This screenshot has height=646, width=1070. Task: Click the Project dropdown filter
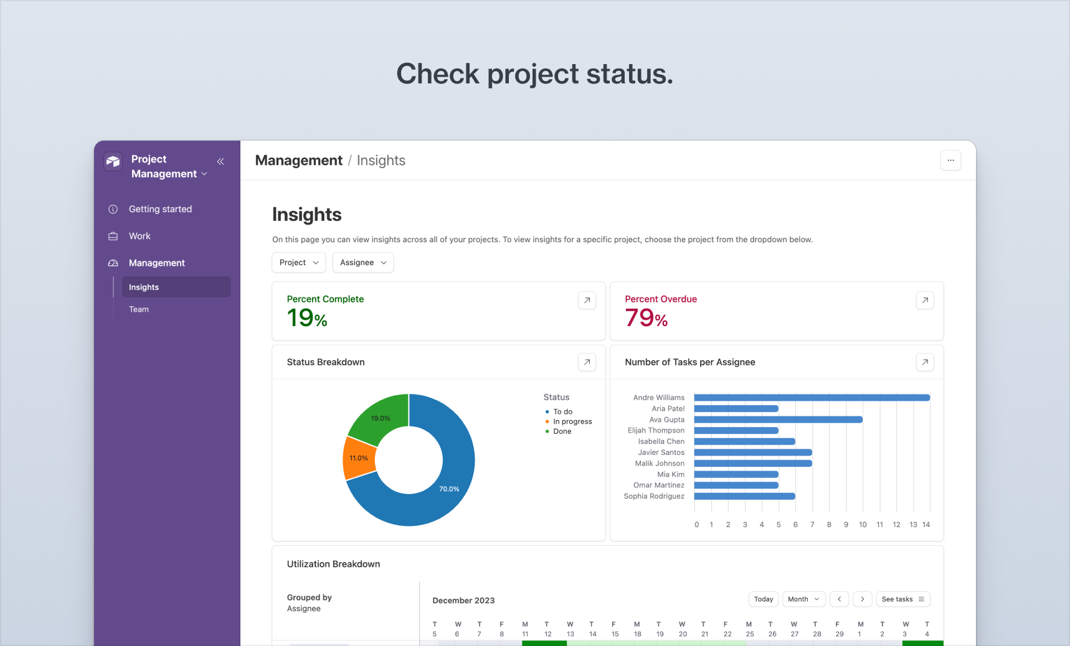(x=298, y=263)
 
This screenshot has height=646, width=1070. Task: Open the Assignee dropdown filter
(x=363, y=263)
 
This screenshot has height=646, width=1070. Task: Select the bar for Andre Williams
(x=812, y=398)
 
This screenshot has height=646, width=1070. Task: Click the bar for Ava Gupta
(x=778, y=419)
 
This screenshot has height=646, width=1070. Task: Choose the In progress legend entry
(x=572, y=421)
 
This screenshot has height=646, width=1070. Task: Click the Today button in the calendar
(x=764, y=599)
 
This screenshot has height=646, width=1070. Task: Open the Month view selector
(x=803, y=599)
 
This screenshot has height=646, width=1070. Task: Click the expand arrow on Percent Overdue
(x=925, y=301)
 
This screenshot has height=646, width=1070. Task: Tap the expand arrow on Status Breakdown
(x=587, y=362)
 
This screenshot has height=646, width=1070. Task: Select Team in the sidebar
(x=139, y=309)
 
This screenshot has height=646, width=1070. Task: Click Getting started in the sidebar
(x=160, y=209)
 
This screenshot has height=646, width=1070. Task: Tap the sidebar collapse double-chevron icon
(x=220, y=161)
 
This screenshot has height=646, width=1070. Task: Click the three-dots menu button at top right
(x=950, y=161)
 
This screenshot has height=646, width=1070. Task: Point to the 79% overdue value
(x=646, y=318)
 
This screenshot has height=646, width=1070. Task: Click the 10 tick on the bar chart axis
(x=863, y=525)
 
